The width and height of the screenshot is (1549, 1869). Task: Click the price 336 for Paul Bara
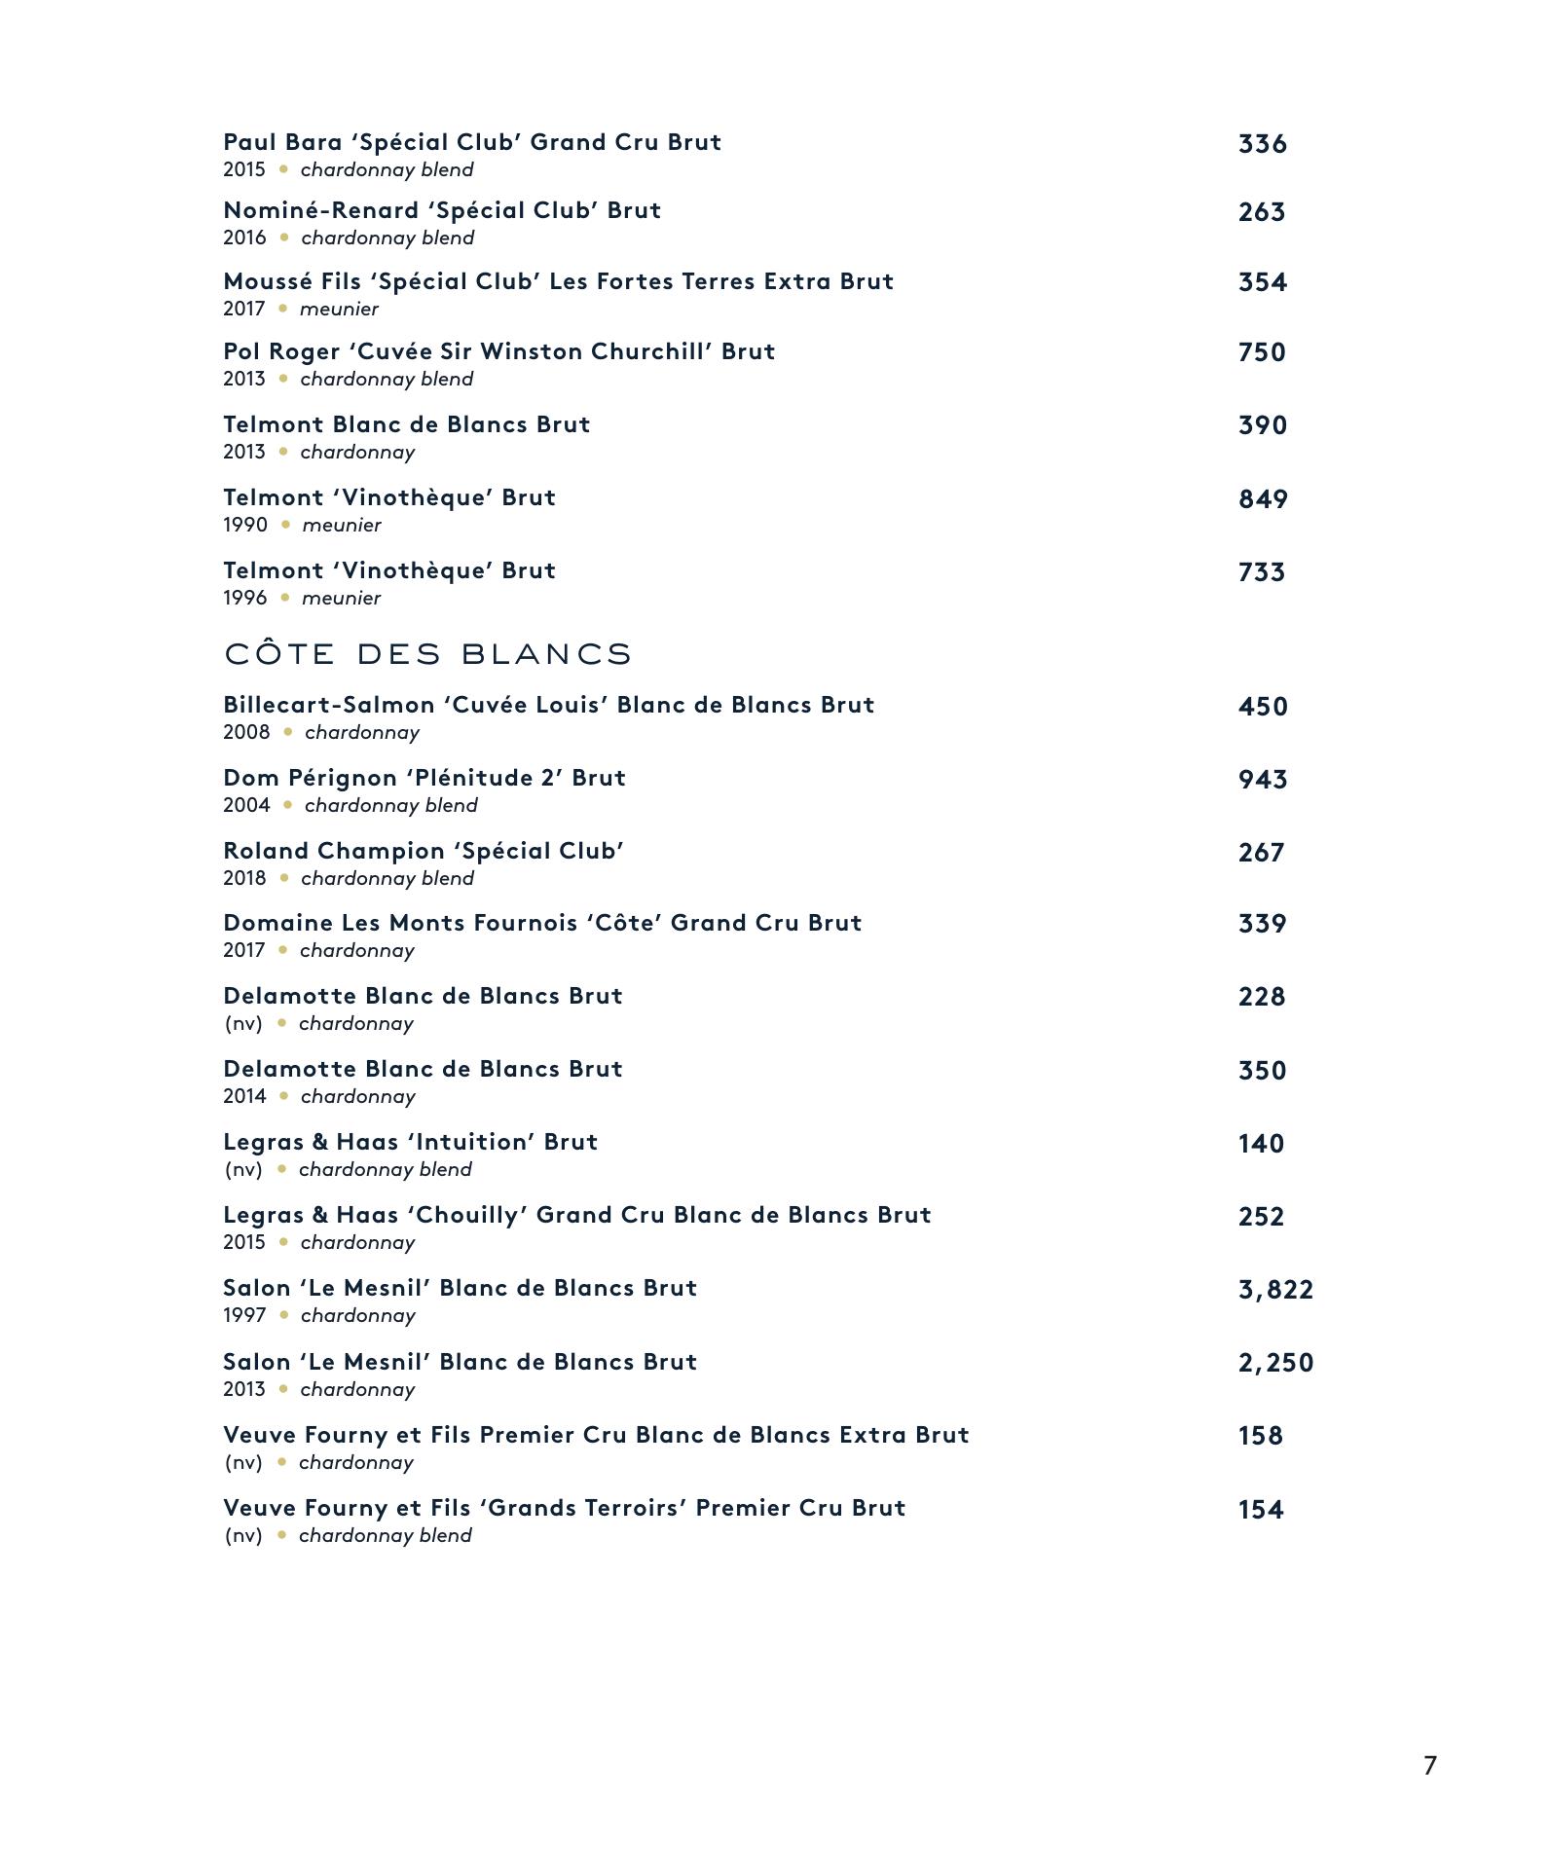[1262, 144]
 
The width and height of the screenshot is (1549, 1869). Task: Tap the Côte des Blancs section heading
[428, 653]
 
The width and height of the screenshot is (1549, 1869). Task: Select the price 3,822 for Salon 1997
[1275, 1290]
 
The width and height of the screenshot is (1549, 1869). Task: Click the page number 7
[1429, 1765]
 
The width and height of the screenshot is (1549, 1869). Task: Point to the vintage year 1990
[245, 525]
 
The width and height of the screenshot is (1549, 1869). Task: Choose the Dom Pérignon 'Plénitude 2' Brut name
[424, 778]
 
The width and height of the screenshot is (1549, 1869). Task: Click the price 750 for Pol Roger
[1262, 352]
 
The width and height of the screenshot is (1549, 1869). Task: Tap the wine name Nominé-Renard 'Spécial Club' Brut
[442, 210]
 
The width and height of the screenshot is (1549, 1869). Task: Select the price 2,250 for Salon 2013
[1275, 1363]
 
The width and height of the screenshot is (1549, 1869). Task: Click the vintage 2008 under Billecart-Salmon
[246, 732]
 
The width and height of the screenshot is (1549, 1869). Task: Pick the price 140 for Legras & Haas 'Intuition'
[1261, 1144]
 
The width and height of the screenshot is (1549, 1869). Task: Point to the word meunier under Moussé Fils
[339, 309]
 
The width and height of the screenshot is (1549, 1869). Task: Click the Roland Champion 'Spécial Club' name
[424, 851]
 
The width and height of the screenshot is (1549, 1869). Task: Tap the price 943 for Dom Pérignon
[1263, 780]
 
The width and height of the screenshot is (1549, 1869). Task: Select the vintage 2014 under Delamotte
[244, 1096]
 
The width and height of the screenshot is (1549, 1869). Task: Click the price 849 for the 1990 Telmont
[1263, 499]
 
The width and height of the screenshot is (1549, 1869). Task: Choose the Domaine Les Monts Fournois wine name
[542, 923]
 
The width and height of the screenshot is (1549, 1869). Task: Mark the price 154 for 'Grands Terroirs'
[1261, 1510]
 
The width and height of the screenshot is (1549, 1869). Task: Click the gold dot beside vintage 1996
[285, 598]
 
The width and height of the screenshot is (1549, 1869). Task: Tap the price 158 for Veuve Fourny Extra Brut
[1261, 1436]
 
